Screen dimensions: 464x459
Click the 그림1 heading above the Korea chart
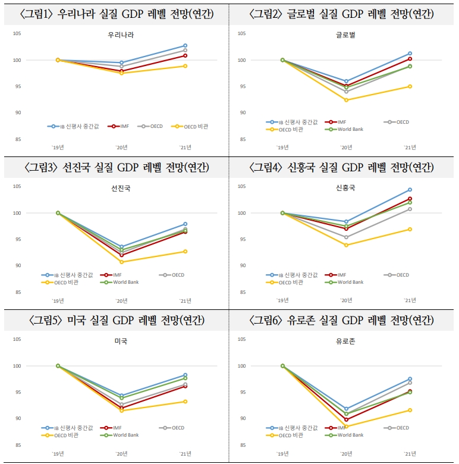115,13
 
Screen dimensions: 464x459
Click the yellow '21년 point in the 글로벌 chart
410,86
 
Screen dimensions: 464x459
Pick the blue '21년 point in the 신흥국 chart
410,190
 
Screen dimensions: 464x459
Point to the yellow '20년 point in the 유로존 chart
346,427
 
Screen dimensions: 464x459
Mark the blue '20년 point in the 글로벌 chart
346,81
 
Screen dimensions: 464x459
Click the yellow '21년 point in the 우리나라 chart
185,66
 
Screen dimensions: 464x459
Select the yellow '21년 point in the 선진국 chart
185,251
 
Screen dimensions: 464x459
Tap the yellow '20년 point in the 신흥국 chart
346,245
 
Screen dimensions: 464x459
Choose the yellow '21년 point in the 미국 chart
185,402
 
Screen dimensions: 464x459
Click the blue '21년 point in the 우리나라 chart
185,45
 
